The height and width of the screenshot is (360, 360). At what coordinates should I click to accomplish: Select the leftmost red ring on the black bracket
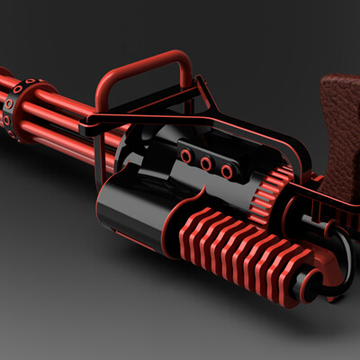(x=185, y=157)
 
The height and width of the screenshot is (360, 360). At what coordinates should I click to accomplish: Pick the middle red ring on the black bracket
(x=205, y=163)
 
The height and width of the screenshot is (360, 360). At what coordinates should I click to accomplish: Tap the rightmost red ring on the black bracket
(x=227, y=169)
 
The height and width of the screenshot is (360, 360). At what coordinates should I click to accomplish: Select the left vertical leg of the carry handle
(x=102, y=94)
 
